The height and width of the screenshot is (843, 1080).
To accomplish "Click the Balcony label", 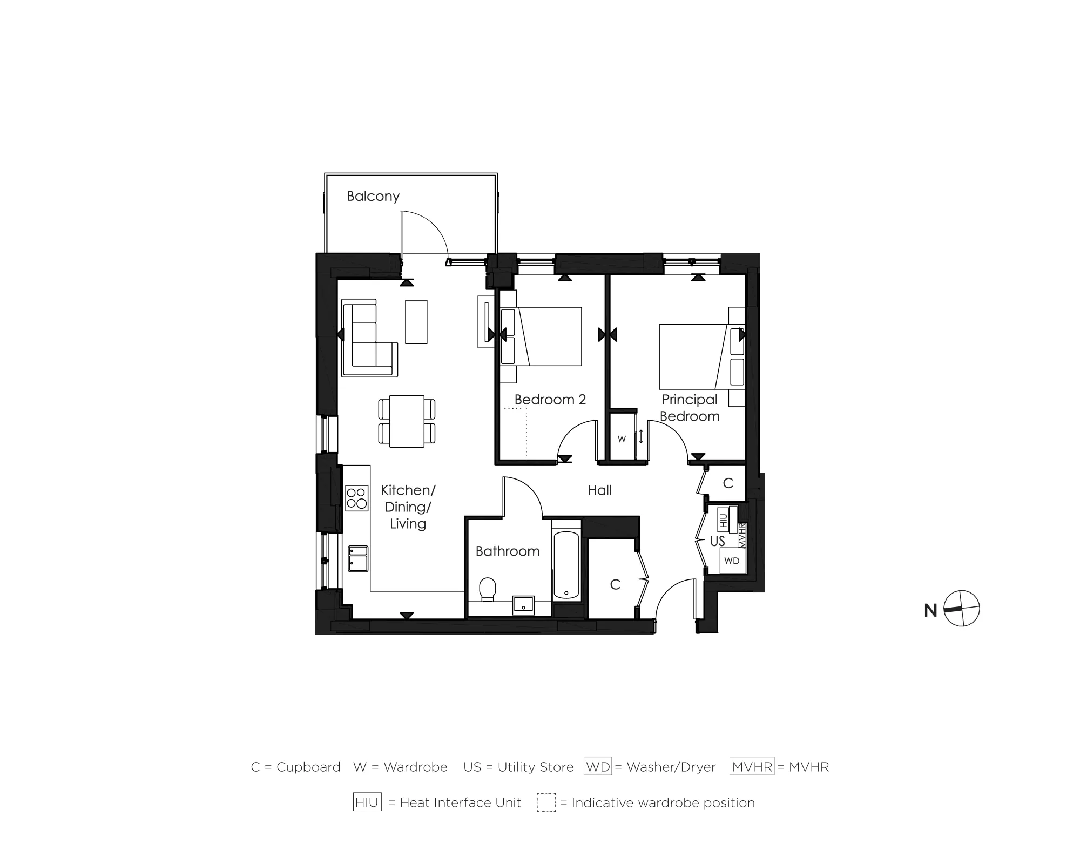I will [373, 196].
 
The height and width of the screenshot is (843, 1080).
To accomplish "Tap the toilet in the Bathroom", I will [488, 589].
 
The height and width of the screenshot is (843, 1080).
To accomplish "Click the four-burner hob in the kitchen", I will [356, 498].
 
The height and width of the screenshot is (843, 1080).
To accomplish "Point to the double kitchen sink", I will [358, 558].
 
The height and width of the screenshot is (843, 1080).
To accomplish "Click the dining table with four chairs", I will [407, 421].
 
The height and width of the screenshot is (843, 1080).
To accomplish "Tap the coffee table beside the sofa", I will [416, 321].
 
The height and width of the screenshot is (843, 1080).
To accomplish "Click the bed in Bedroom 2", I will [542, 336].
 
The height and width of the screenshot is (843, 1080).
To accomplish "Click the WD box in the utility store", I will [732, 561].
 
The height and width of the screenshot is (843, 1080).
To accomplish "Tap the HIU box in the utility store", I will [724, 520].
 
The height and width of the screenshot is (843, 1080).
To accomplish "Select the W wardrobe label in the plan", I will [622, 439].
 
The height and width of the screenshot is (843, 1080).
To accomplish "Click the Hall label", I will [599, 490].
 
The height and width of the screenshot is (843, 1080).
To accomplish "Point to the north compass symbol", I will [961, 609].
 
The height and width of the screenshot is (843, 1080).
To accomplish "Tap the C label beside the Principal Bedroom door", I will [727, 483].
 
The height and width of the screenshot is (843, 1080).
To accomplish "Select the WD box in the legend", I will [598, 767].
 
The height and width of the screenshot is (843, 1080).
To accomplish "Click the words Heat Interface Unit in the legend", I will [461, 803].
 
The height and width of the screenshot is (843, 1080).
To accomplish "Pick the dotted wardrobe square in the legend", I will [546, 802].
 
